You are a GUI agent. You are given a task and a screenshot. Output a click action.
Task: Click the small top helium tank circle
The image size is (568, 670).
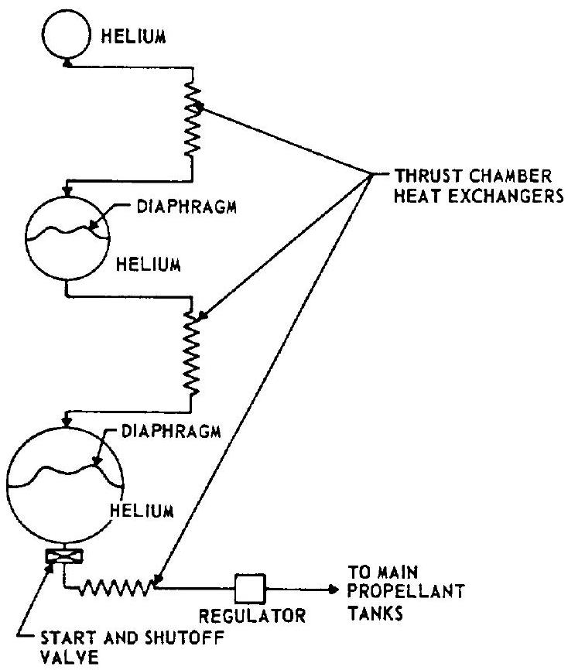[67, 37]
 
